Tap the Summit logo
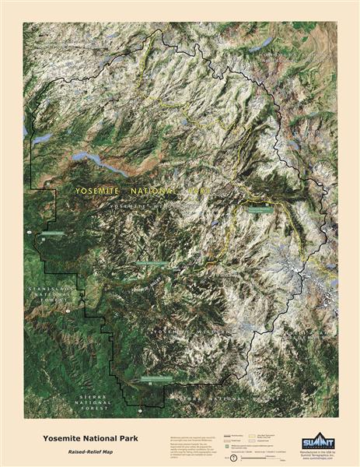point(317,441)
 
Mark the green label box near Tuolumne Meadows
point(261,208)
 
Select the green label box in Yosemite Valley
point(151,263)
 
